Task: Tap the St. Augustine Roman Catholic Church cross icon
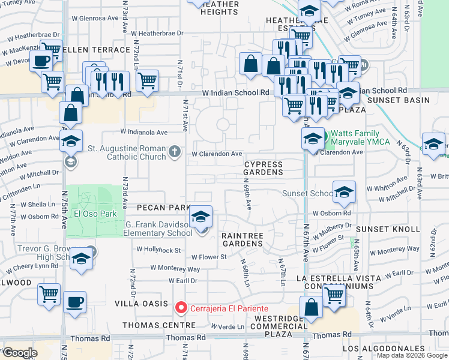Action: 175,151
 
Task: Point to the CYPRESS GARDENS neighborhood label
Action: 264,168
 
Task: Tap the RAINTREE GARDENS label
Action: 243,239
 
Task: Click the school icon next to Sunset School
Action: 344,192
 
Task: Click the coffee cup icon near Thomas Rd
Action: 74,302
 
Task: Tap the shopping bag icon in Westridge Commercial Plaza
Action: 312,308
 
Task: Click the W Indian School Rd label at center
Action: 235,93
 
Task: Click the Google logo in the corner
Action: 20,353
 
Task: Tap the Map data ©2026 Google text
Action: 411,355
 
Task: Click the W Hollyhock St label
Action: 158,249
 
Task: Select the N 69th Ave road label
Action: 247,196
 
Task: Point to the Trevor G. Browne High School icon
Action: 80,259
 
